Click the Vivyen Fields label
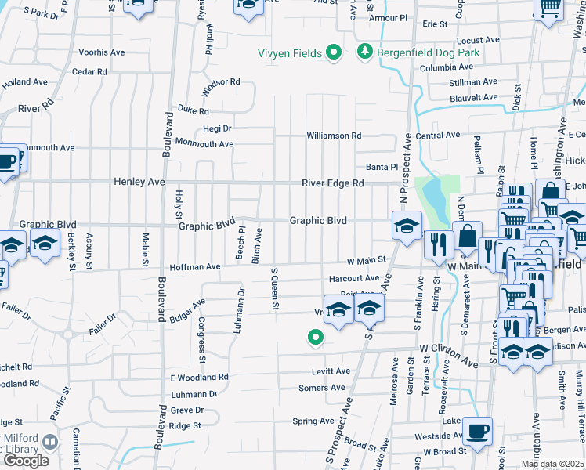click(290, 53)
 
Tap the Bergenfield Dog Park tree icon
click(364, 52)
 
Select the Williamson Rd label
click(334, 136)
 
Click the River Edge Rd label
click(334, 183)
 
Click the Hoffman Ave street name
click(191, 267)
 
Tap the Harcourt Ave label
click(354, 278)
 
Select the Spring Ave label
click(313, 421)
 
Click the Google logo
click(26, 460)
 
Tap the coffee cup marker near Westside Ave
click(477, 430)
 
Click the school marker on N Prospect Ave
click(407, 226)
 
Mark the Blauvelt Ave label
click(473, 98)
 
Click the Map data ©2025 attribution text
click(552, 465)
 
